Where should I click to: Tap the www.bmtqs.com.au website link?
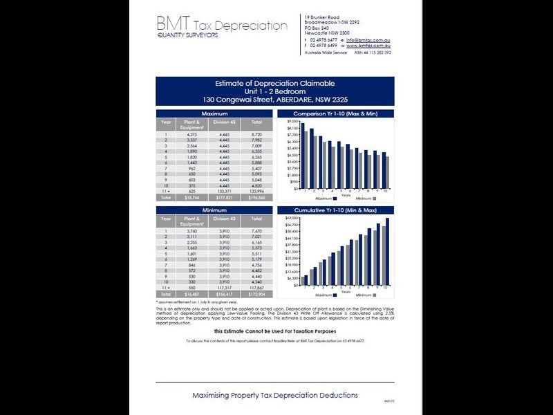pyautogui.click(x=366, y=45)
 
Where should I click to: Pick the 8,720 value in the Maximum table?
pyautogui.click(x=255, y=133)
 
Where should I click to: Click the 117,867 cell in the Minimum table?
pyautogui.click(x=255, y=288)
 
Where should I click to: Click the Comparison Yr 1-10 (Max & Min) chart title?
pyautogui.click(x=335, y=113)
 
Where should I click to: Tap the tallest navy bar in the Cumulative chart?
pyautogui.click(x=388, y=252)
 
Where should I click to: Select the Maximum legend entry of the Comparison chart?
pyautogui.click(x=317, y=198)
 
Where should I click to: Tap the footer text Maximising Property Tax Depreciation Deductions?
pyautogui.click(x=275, y=395)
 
